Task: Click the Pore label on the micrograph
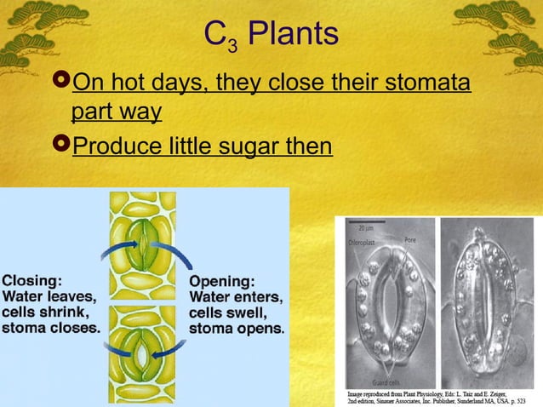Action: click(410, 240)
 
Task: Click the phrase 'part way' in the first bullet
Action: click(117, 112)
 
